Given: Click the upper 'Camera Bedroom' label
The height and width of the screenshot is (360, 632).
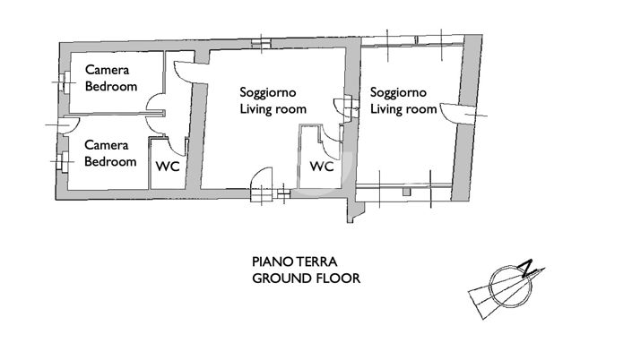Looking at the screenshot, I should click(x=111, y=79).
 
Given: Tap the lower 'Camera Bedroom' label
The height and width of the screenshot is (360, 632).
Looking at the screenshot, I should click(x=111, y=153).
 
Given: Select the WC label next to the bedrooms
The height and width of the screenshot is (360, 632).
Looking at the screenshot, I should click(x=167, y=166).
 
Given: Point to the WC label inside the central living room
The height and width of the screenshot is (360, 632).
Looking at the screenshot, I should click(x=322, y=167).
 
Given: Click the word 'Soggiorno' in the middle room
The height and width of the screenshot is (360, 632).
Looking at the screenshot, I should click(x=267, y=92).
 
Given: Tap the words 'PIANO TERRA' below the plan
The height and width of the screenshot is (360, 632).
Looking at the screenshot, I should click(x=294, y=262).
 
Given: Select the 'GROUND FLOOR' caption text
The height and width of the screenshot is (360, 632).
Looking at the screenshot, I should click(x=306, y=279).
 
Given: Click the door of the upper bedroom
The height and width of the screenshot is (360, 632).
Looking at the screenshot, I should click(x=154, y=103).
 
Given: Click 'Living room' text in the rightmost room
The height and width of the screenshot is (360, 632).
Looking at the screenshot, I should click(x=403, y=109).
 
